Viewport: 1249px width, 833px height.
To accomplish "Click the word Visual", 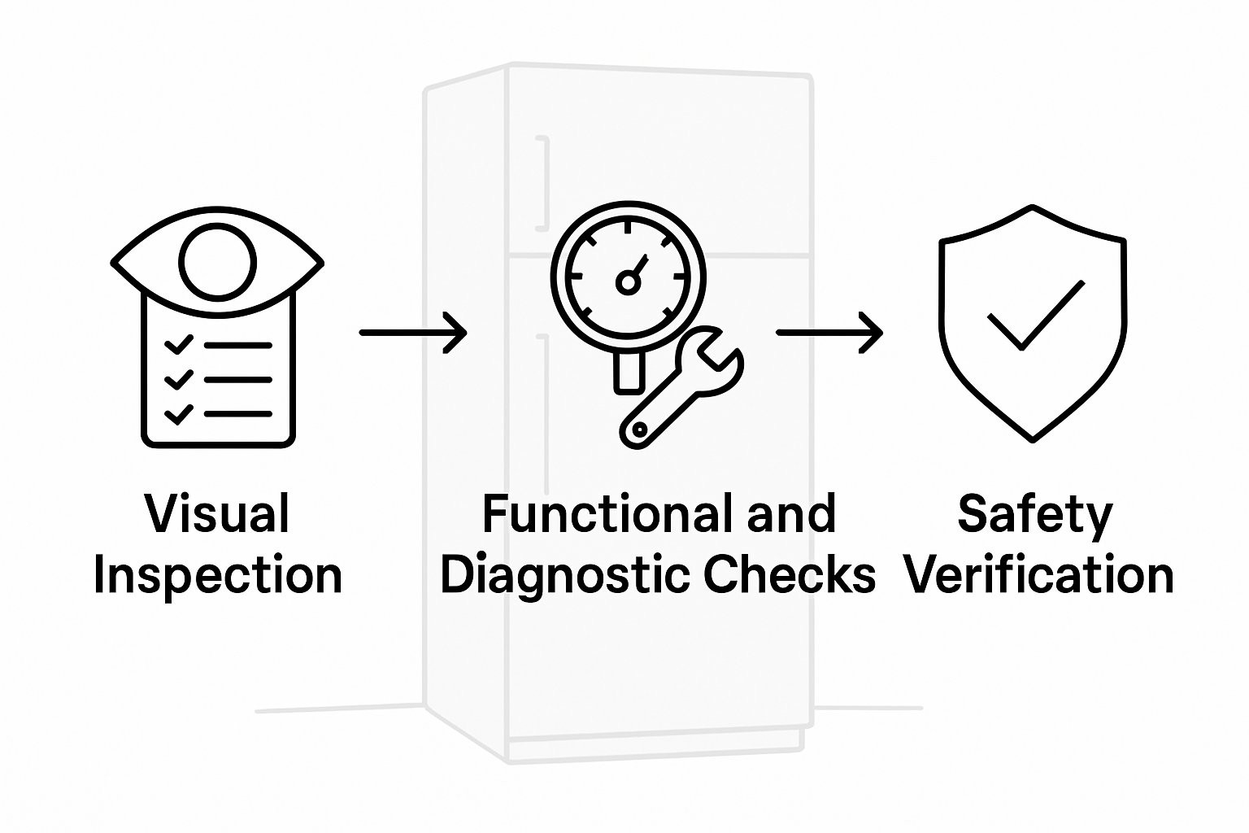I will [x=217, y=514].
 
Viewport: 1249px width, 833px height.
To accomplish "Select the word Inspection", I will [x=217, y=575].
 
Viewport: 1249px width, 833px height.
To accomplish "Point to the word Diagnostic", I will [x=563, y=575].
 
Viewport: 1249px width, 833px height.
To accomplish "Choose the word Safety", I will [x=1034, y=514].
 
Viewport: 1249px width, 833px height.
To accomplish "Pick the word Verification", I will [x=1038, y=575].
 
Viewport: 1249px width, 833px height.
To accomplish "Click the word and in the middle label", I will [x=791, y=514].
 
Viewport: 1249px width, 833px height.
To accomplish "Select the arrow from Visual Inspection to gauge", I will [x=413, y=332].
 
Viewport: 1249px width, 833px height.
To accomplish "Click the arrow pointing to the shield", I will [x=829, y=332].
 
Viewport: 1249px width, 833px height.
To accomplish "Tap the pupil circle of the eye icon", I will [x=217, y=262].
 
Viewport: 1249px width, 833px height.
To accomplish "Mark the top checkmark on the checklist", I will [x=178, y=345].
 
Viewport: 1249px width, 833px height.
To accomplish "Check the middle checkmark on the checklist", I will [x=178, y=379].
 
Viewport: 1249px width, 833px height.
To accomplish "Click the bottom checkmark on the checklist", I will [x=178, y=414].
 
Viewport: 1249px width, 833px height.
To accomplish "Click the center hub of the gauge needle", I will [x=627, y=282].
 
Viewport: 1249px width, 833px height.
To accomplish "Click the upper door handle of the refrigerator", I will [x=543, y=184].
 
